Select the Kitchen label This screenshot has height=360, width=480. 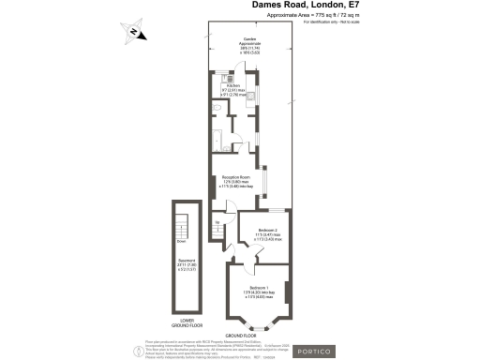pyautogui.click(x=232, y=89)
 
